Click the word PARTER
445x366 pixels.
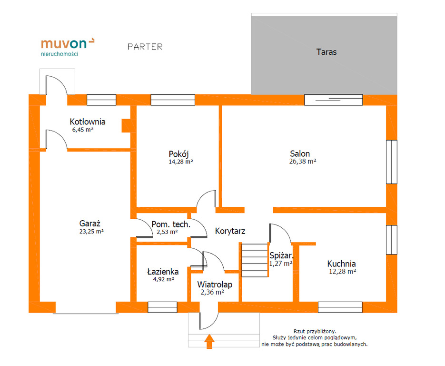145,47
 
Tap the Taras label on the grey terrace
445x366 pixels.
326,52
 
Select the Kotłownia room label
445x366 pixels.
88,122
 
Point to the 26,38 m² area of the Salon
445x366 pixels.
303,162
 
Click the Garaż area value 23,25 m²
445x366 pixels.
91,231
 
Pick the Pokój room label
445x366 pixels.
179,154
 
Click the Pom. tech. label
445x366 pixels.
171,224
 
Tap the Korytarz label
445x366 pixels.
230,231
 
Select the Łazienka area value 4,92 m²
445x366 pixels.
163,279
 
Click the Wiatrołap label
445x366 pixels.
215,285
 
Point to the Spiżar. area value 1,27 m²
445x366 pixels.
281,264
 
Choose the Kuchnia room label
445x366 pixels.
341,264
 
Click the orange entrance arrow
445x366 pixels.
209,341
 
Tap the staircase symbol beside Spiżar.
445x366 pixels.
255,260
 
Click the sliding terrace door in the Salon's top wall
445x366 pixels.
334,100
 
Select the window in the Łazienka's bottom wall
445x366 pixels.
163,307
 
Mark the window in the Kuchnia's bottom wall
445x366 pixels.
340,307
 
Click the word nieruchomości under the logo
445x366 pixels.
59,54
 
